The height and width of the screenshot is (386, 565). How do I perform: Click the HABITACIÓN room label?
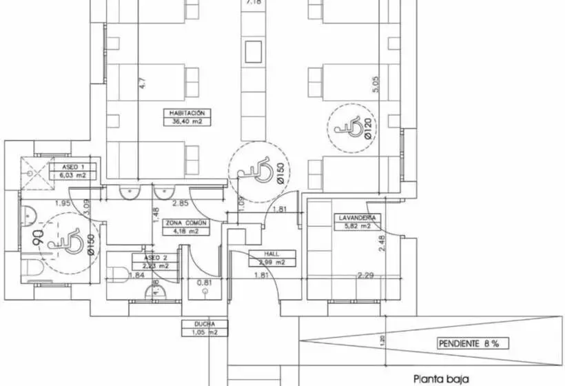[187, 112]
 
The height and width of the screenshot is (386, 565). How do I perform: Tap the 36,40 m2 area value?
[187, 122]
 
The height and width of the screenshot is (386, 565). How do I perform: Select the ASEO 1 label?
[74, 167]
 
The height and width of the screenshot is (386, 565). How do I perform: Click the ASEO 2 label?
[156, 256]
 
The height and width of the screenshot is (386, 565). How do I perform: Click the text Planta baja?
[440, 378]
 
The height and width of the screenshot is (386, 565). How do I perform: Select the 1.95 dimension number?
[63, 203]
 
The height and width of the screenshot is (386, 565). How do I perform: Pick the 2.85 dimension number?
[181, 203]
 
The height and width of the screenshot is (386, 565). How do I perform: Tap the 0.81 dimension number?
[205, 282]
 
